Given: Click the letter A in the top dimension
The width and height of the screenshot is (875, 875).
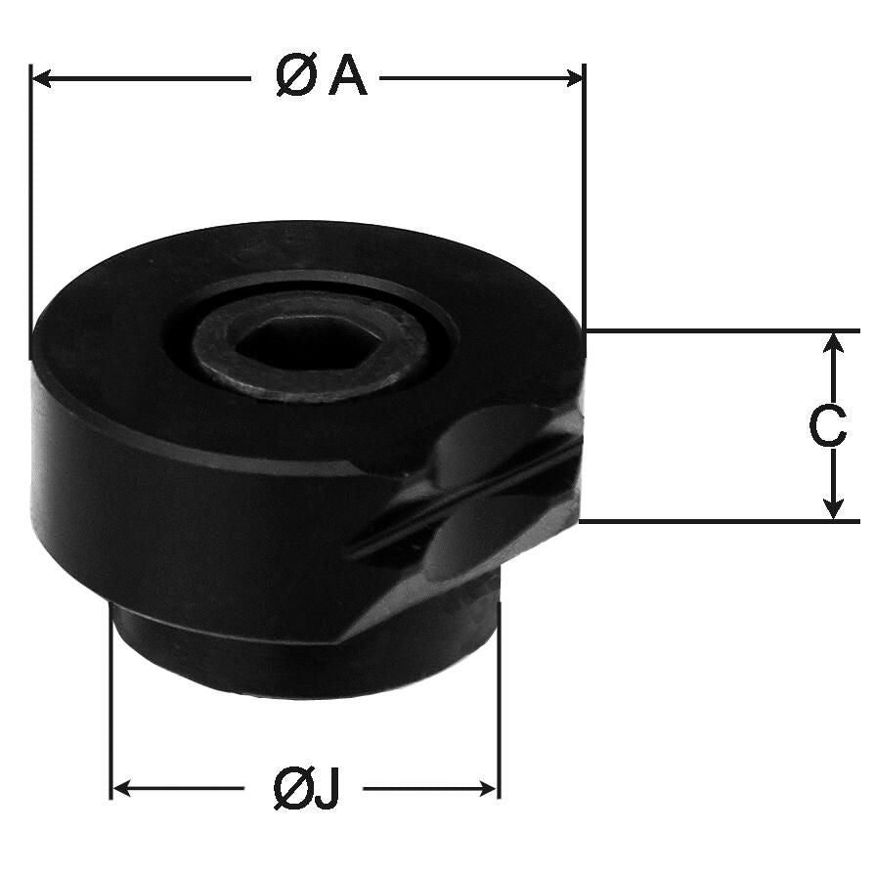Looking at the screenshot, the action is [348, 77].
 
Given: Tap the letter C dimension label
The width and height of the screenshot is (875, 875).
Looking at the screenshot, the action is [828, 427].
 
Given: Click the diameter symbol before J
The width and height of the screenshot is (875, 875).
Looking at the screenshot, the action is [292, 789].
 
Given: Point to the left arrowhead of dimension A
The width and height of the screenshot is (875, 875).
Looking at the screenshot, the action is [41, 78].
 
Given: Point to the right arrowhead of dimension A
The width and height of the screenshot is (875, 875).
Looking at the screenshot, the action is [574, 78].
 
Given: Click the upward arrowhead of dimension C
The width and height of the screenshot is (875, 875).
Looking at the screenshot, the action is [833, 342].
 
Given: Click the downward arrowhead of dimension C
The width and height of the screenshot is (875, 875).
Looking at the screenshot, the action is [833, 508].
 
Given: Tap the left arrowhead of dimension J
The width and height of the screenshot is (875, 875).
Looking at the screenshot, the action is [122, 789].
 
